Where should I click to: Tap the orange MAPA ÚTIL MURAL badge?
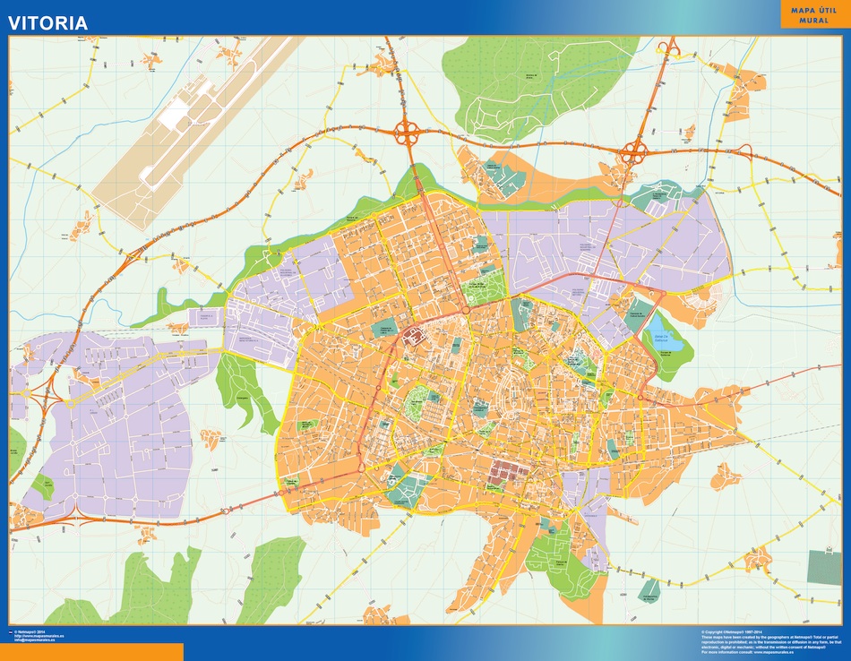click(813, 14)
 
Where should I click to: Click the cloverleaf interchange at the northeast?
click(634, 153)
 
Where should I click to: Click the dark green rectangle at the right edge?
click(824, 567)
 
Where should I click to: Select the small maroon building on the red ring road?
click(414, 338)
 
